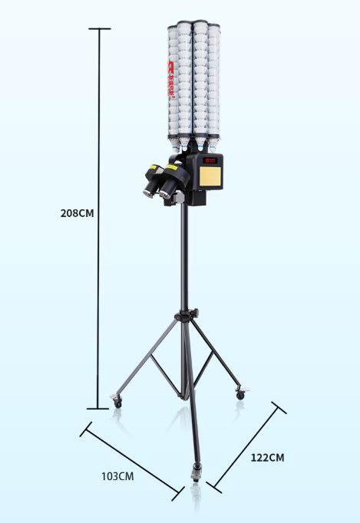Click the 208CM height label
point(77,213)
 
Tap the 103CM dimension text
point(117,476)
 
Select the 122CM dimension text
point(267,458)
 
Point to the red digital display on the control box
point(210,161)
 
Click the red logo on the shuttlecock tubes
point(171,80)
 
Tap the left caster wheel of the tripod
point(117,400)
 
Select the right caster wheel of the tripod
point(241,394)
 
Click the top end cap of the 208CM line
point(99,29)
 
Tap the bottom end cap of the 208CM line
point(98,409)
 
